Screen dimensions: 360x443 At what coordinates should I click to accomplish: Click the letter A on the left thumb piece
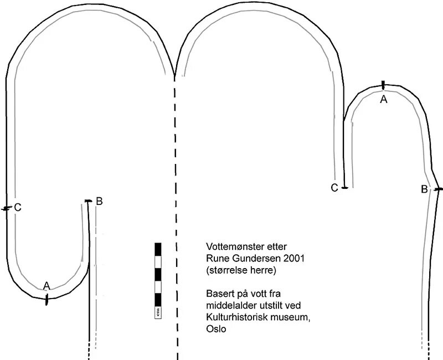tap(47, 285)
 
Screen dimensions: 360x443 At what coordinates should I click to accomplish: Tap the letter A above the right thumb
tap(383, 100)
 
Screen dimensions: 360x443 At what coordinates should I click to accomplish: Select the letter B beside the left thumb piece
tap(99, 201)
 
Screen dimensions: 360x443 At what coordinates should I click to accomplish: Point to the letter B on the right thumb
tap(424, 189)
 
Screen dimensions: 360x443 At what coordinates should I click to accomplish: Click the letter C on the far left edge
tap(18, 208)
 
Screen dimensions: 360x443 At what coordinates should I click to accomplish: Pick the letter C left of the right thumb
tap(334, 188)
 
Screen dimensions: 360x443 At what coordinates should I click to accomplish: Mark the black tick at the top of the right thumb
tap(383, 85)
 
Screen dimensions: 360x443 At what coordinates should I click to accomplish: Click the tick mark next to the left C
tap(6, 209)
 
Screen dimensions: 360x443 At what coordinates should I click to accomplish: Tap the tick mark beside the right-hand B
tap(438, 189)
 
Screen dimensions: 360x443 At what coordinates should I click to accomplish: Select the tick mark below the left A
tap(47, 300)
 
